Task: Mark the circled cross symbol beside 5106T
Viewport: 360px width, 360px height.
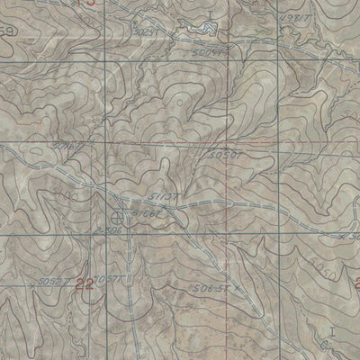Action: (118, 217)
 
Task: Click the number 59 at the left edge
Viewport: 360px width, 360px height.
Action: (6, 33)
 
